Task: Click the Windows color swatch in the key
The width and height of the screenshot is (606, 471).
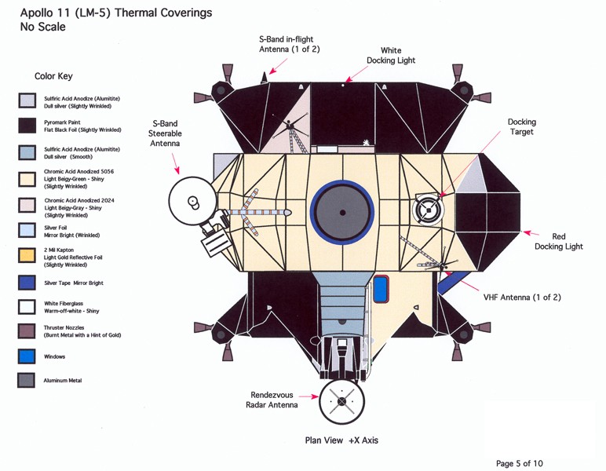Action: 27,356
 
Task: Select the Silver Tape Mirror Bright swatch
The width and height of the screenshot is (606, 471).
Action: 27,283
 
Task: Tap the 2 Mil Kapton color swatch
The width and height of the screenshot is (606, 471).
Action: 27,254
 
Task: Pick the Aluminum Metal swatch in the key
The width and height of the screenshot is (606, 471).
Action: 27,381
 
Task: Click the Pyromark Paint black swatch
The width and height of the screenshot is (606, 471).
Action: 27,126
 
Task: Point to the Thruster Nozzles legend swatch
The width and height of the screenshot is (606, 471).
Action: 27,331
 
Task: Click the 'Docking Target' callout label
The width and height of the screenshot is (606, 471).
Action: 521,127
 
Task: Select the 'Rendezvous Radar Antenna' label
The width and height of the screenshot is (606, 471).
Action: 274,400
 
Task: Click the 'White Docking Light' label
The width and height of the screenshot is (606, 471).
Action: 391,55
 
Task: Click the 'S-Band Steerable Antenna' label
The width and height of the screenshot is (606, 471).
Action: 165,133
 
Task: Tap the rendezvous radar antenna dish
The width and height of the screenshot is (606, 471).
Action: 341,401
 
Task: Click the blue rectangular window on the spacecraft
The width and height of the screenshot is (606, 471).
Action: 381,289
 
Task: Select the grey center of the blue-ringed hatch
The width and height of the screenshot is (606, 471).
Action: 341,213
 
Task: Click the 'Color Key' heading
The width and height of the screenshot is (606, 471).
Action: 53,77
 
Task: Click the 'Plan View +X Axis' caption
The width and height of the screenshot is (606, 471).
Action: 341,440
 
